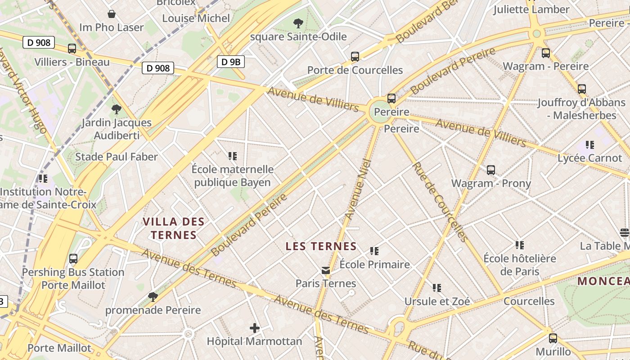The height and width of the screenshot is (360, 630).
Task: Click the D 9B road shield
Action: pos(231,62)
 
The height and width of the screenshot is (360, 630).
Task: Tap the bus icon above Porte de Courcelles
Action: pos(355,57)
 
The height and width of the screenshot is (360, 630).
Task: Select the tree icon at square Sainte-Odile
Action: pos(298,23)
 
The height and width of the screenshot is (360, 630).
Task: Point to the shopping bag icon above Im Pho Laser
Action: pos(112,14)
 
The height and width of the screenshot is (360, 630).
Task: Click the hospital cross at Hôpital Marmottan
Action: pos(255,328)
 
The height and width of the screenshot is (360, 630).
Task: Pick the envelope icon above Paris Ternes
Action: pos(326,270)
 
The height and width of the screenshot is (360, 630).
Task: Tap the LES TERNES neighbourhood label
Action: pos(321,247)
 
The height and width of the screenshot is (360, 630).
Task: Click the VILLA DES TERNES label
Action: pos(174,228)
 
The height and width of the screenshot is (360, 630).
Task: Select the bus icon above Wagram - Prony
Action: pos(491,170)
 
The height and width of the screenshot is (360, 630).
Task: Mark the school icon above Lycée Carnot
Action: pos(589,145)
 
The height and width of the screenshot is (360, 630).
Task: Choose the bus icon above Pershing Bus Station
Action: pos(73,259)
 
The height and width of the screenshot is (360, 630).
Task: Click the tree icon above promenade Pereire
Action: pos(153,297)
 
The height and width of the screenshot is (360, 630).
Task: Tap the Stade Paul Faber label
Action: pos(117,157)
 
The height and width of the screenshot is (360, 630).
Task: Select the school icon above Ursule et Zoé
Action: pos(437,288)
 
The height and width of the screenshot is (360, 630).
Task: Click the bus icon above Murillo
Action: pos(553,338)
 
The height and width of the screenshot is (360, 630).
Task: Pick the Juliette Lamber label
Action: pos(531,9)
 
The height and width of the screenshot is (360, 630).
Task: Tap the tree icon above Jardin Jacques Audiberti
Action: pos(117,109)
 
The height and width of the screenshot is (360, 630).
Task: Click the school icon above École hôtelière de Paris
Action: pos(520,245)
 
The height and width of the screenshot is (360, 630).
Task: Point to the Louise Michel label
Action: pos(196,18)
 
